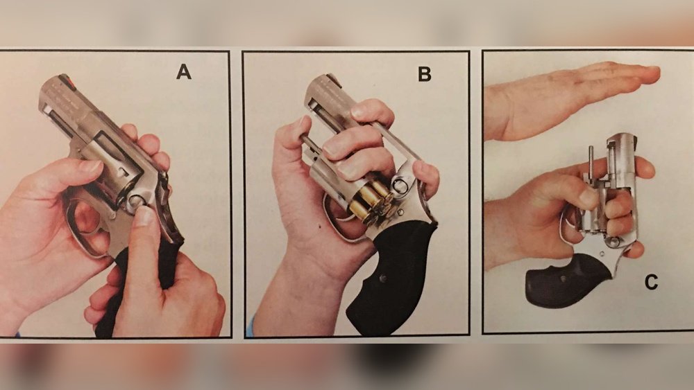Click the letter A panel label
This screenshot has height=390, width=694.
(184, 71)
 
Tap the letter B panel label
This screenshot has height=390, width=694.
(425, 74)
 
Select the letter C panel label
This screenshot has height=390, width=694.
(651, 282)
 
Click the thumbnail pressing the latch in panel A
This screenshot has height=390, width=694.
(144, 216)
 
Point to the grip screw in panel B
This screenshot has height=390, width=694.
(384, 278)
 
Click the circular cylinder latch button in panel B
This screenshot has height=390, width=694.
(400, 186)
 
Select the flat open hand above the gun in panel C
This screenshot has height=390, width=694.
(571, 99)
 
